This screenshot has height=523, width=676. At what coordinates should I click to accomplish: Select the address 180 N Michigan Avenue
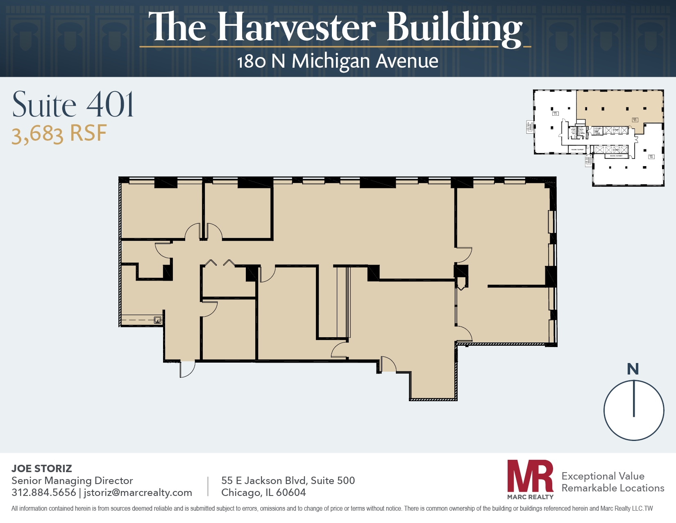338,62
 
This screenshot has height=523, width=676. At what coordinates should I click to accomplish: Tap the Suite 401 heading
73,105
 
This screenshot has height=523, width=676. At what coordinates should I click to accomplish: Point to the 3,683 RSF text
59,134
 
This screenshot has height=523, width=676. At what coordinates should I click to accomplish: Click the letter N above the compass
633,369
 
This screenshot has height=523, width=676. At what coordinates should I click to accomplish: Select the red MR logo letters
530,476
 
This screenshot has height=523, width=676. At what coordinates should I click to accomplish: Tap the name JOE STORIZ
42,468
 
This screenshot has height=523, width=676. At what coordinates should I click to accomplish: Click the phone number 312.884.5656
44,493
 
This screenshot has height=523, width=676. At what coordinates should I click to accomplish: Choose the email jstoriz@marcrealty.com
138,493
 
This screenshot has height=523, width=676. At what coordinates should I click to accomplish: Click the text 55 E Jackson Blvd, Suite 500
288,480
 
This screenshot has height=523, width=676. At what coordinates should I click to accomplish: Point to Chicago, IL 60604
263,493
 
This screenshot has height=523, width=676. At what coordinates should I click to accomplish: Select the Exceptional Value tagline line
603,476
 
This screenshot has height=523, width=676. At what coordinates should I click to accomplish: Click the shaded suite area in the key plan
619,107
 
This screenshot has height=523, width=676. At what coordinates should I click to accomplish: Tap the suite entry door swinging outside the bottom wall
187,369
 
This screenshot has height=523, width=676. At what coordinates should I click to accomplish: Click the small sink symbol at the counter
157,320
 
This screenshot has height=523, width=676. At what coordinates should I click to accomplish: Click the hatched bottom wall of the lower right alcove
433,399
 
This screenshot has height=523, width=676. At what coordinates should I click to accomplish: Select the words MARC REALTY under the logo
530,497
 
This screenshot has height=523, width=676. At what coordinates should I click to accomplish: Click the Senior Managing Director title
72,481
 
